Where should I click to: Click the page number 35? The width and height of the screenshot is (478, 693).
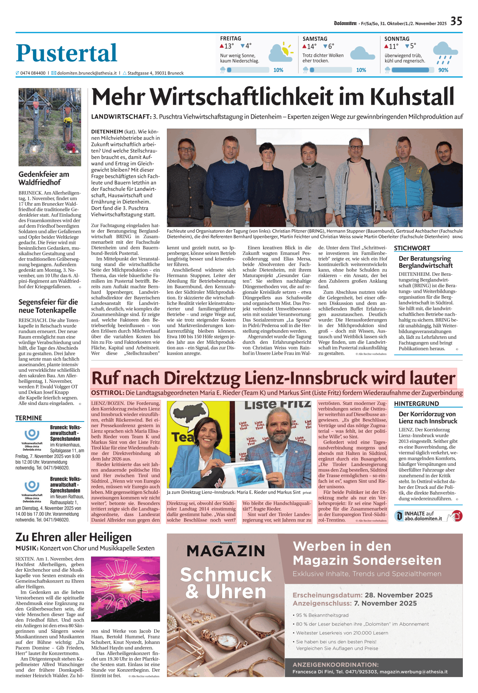[x=456, y=21]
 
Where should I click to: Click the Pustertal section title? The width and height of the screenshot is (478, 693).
[x=66, y=53]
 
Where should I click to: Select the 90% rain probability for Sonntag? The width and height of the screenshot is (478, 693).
[x=443, y=70]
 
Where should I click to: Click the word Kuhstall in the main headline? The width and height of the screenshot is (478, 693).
[x=412, y=97]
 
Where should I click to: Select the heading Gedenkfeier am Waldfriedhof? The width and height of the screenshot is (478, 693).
[x=44, y=178]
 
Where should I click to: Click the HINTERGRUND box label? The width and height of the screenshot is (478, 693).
[x=416, y=404]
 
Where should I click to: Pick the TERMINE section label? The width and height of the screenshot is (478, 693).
[x=29, y=418]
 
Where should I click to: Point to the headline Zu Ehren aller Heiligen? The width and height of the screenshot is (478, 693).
[x=73, y=537]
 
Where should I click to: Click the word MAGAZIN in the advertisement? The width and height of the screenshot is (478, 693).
[x=225, y=551]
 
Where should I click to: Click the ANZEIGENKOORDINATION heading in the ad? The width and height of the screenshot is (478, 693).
[x=335, y=665]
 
